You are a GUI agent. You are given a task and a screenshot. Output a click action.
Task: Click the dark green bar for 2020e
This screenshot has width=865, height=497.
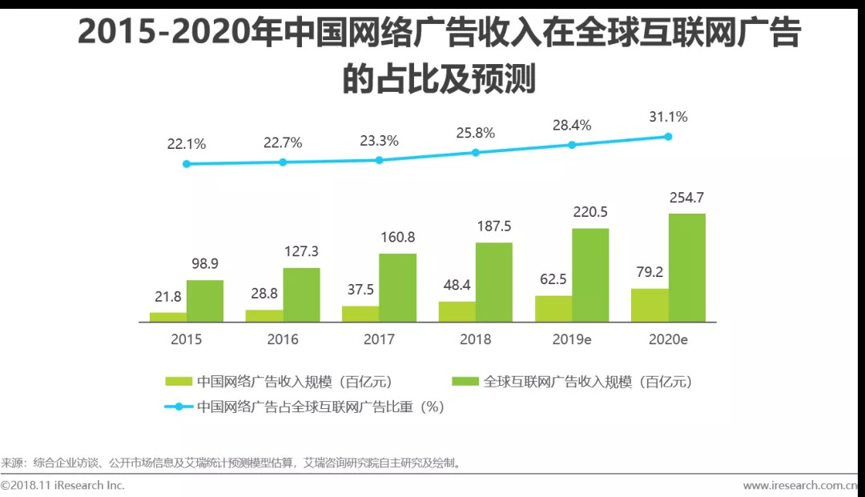686,267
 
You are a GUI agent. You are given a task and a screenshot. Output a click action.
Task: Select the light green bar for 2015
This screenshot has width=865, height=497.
167,317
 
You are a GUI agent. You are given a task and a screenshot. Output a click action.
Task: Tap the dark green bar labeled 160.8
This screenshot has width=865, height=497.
397,287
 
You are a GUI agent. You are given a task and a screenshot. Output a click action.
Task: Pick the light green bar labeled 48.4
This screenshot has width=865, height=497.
457,311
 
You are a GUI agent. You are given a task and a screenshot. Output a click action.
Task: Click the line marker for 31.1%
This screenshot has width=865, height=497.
668,137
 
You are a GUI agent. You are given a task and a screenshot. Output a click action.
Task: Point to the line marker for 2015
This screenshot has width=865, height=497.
187,163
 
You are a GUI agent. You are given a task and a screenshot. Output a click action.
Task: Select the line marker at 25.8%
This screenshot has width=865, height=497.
476,152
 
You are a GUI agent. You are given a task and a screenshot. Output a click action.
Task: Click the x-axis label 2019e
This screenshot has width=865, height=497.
572,339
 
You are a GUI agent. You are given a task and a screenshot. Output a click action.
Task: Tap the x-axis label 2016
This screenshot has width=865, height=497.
283,339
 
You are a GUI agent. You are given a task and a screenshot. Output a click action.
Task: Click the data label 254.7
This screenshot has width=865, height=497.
687,198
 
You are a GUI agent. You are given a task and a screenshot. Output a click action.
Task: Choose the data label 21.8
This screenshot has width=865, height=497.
167,297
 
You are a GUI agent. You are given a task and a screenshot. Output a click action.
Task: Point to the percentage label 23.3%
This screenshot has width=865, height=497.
380,140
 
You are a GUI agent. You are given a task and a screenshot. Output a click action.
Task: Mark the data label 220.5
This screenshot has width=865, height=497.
590,212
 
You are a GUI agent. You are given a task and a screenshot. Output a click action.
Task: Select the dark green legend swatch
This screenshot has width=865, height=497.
465,382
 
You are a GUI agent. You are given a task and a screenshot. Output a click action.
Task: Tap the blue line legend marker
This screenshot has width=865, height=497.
179,407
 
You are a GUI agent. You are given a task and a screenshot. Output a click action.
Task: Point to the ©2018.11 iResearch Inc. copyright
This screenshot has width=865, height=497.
62,485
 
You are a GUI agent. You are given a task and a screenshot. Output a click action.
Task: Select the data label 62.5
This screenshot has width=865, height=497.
553,280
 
